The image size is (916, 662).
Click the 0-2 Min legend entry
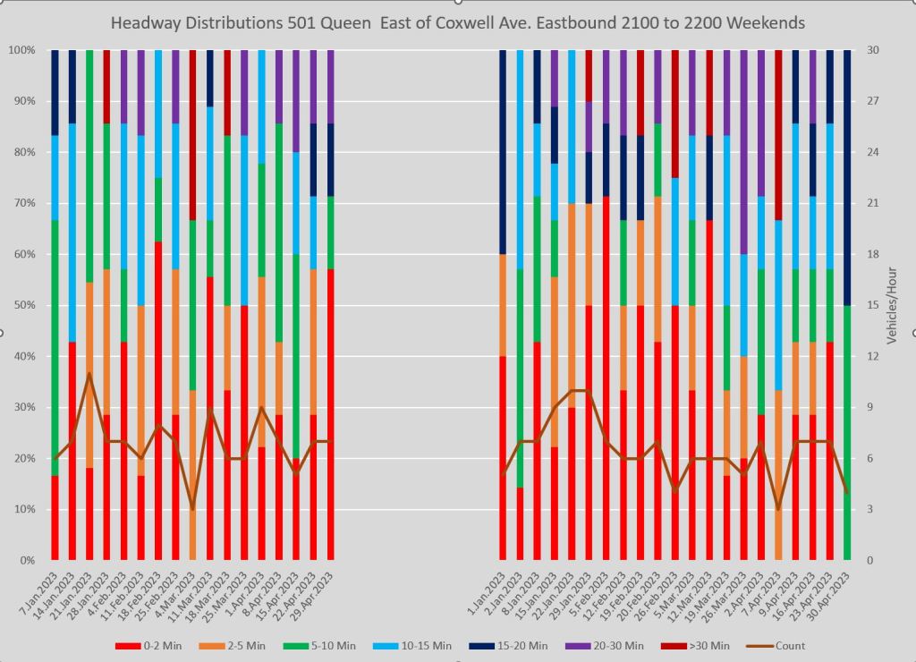156,645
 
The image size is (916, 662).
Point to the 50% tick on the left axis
22,305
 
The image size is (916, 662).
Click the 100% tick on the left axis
21,50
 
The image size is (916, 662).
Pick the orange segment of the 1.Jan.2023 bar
503,305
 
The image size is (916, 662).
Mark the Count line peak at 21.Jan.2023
89,373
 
